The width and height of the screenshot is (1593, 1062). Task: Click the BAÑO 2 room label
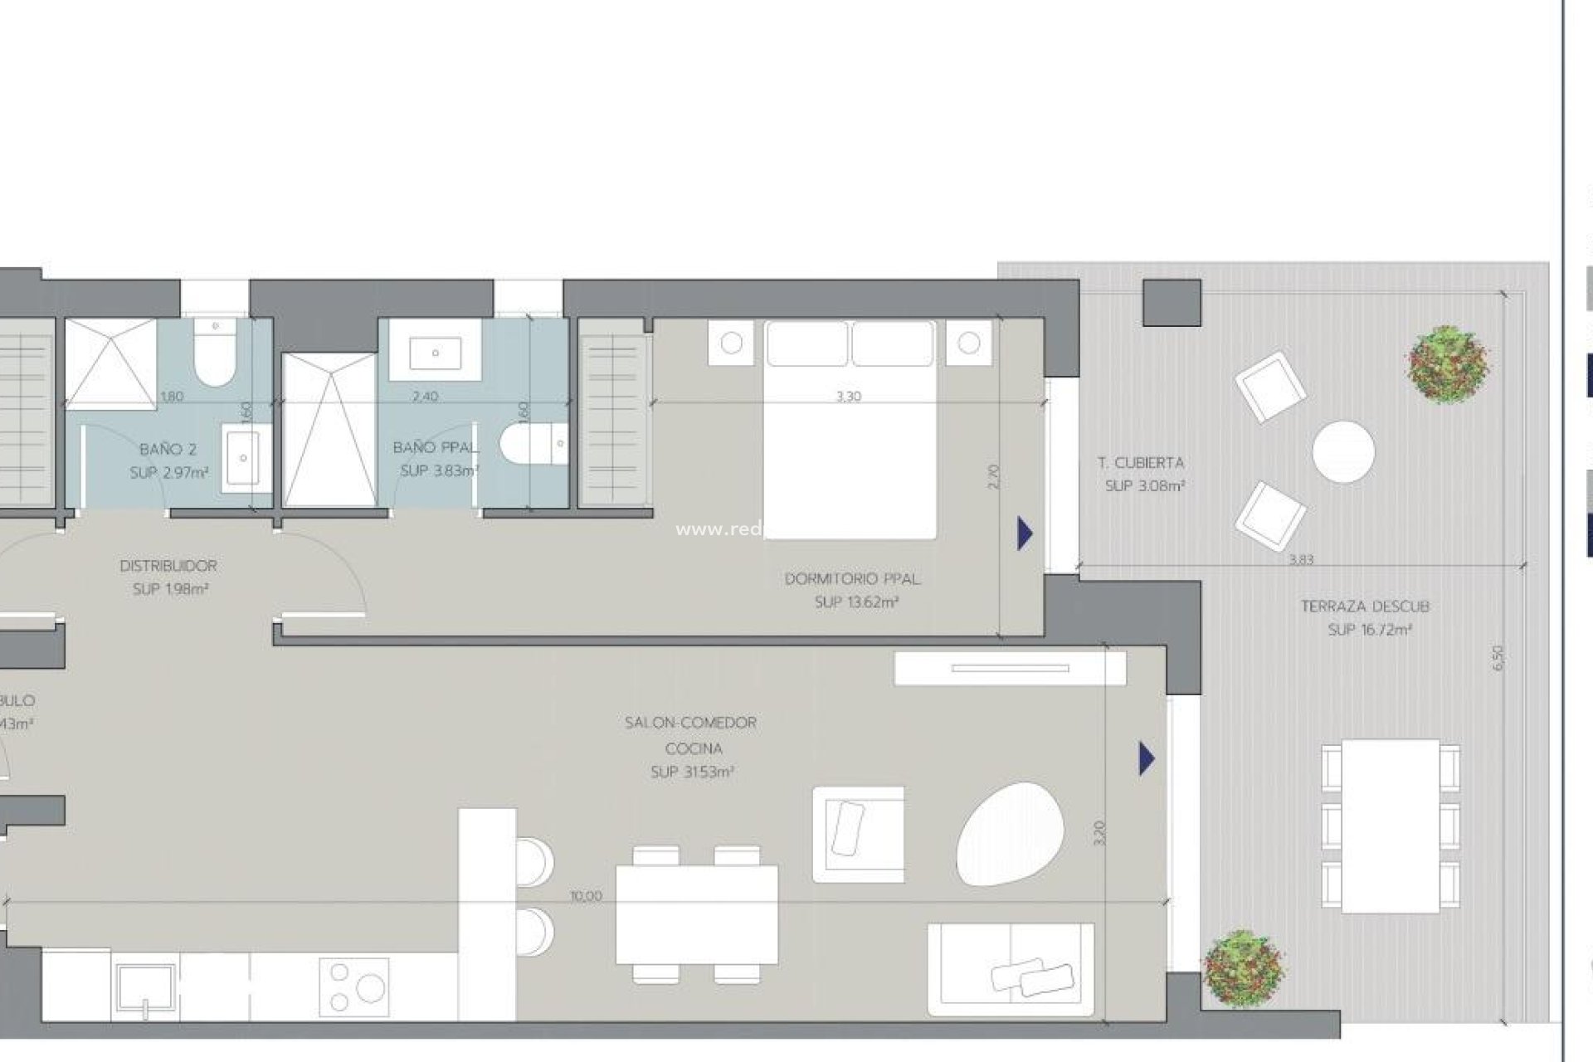(x=168, y=450)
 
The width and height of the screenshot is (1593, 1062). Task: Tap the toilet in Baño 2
(x=215, y=357)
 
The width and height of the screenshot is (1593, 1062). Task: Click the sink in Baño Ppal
(x=435, y=353)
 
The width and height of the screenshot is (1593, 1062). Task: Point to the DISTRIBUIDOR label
(x=168, y=566)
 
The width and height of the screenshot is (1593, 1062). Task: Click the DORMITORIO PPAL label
(x=852, y=579)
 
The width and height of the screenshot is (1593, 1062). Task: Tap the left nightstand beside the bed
(x=731, y=343)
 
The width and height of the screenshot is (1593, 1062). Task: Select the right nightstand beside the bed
(x=968, y=343)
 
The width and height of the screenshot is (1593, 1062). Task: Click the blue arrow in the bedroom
(x=1025, y=533)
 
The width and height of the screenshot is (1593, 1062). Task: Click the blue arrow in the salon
(x=1147, y=758)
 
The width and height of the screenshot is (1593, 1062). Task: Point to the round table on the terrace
(x=1343, y=451)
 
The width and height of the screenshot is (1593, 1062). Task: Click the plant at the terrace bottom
(x=1243, y=967)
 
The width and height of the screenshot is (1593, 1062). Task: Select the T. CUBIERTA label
(x=1141, y=463)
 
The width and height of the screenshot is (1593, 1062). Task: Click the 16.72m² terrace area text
(x=1370, y=631)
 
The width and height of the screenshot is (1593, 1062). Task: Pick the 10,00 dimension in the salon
(x=587, y=896)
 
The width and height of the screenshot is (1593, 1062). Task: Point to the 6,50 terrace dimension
(x=1498, y=658)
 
